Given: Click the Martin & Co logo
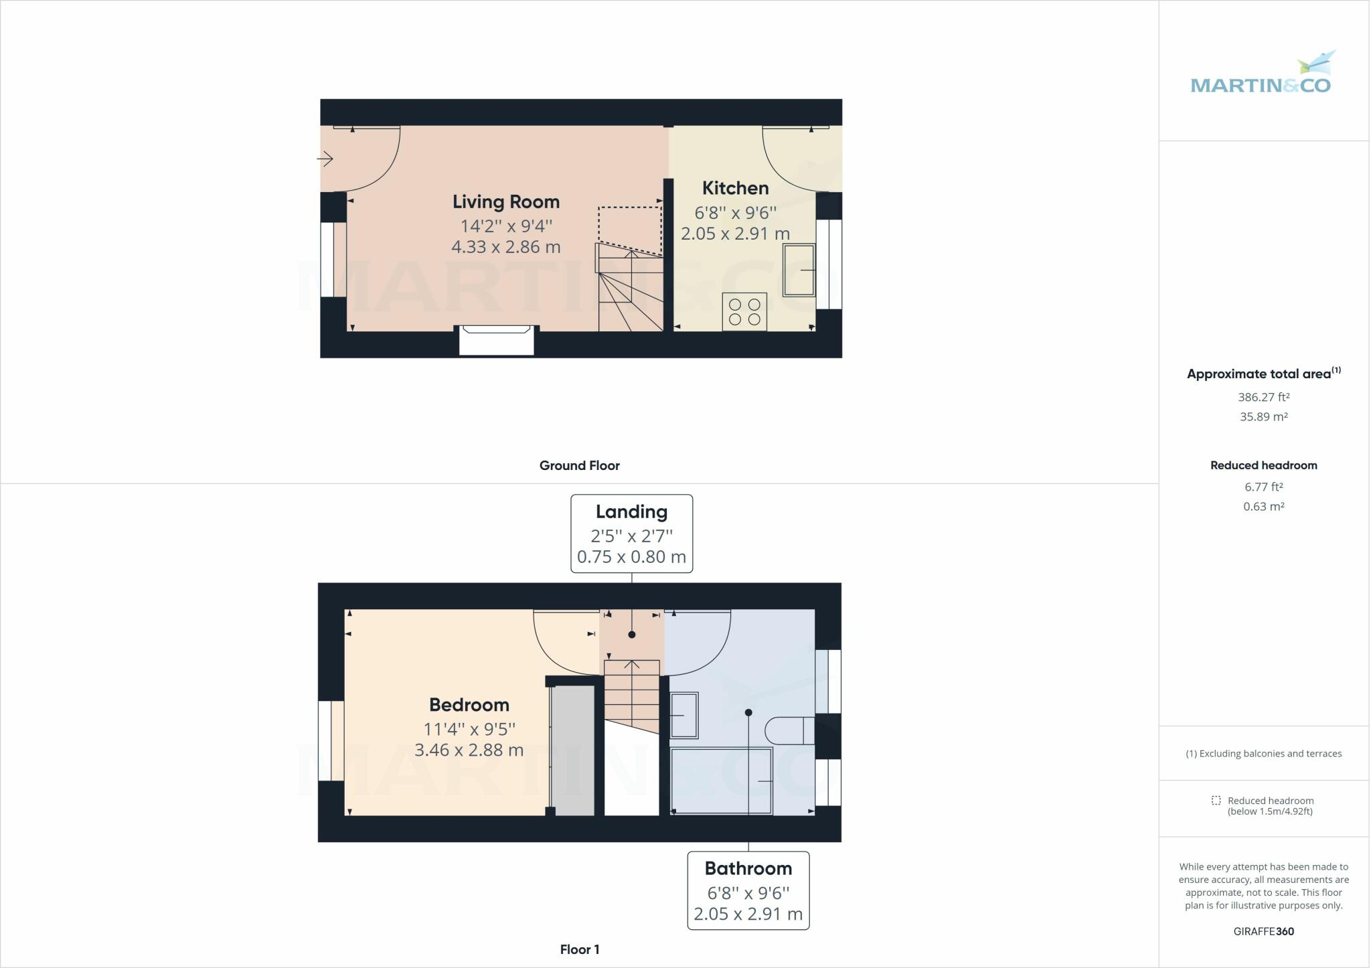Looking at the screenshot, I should click(1261, 74).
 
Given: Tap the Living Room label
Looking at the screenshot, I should click(506, 201).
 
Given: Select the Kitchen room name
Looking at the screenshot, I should click(735, 188).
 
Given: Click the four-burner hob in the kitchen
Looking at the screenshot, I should click(744, 312).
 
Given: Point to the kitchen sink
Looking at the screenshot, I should click(799, 270).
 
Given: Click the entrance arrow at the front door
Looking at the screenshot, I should click(325, 159).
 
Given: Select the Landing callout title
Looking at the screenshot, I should click(631, 512).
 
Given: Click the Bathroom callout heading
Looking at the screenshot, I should click(748, 869).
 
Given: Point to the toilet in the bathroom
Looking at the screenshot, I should click(789, 730).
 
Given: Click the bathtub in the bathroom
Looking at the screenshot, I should click(722, 781).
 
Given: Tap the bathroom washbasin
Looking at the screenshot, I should click(684, 715).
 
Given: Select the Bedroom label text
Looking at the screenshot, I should click(469, 705).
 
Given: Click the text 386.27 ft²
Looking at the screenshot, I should click(1263, 397).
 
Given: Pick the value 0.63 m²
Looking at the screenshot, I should click(1263, 507).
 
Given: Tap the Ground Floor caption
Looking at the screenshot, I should click(579, 466).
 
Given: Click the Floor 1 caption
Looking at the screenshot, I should click(579, 949).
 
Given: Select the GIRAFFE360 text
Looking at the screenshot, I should click(1263, 931).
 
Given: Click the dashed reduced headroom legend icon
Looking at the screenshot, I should click(1216, 801).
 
